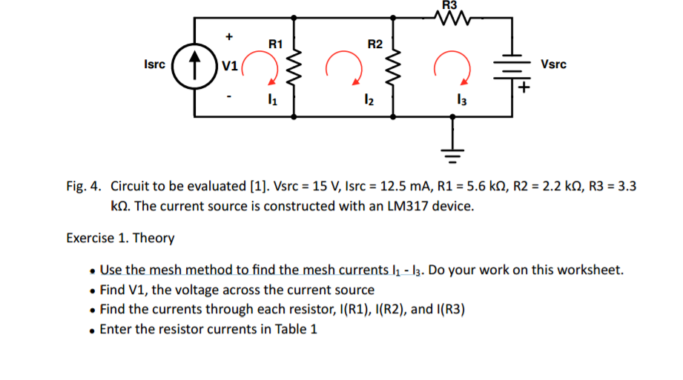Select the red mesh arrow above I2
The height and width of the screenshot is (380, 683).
coord(342,65)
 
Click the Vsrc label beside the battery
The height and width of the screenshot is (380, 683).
coord(554,64)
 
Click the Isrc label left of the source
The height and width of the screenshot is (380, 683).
coord(155,64)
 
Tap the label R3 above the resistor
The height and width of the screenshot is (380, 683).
coord(450,4)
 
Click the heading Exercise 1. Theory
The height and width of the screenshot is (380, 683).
coord(120,238)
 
